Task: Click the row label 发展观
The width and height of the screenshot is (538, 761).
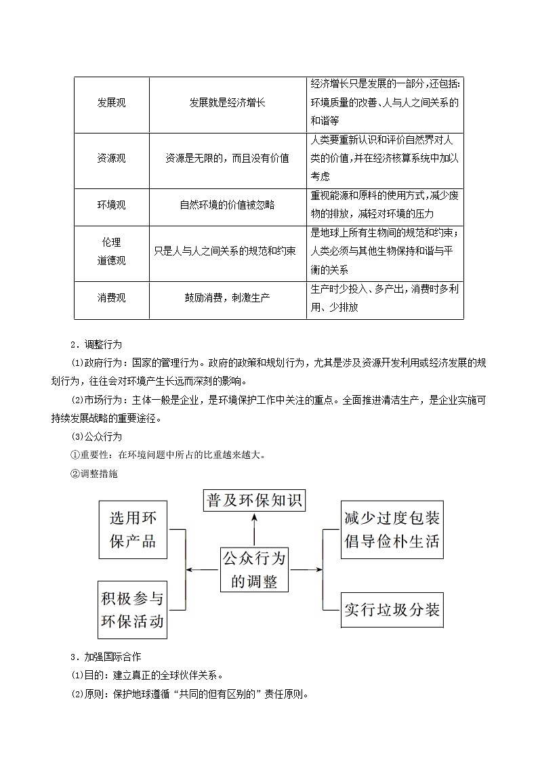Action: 112,103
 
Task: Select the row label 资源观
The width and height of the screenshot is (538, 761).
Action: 112,158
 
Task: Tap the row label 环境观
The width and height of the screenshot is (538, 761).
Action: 112,205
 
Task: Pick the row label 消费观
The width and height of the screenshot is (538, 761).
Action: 112,297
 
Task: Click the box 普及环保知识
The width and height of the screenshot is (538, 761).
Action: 254,501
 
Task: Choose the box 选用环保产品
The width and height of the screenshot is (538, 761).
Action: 133,530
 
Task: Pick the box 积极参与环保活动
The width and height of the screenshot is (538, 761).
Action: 133,609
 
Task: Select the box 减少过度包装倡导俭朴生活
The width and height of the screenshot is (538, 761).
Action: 392,530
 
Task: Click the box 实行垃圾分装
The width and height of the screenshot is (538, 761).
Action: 392,609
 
